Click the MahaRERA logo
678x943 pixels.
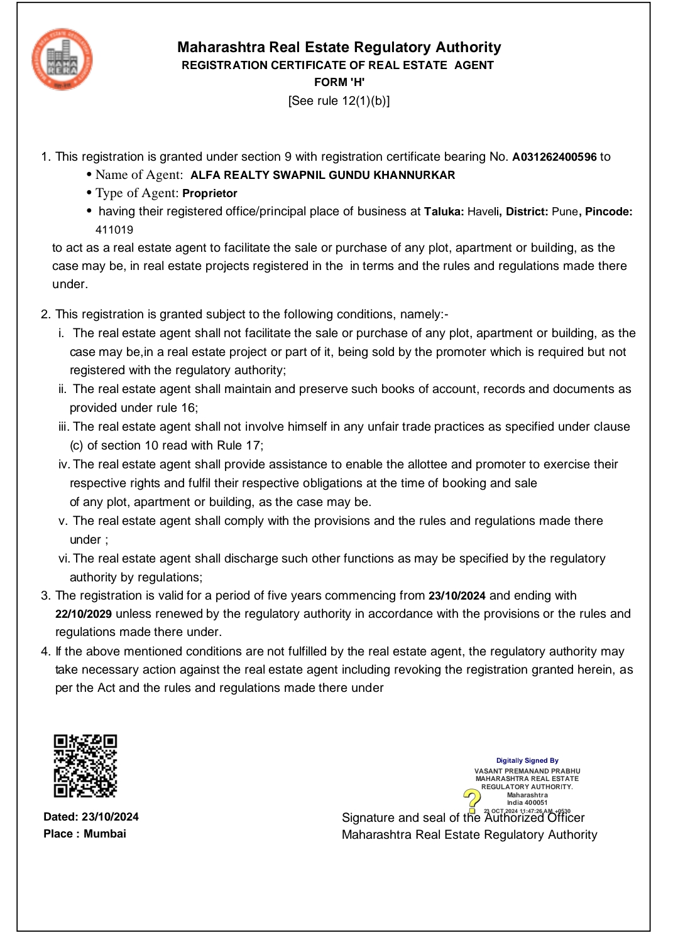62,60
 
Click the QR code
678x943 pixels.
85,765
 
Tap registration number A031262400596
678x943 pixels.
554,157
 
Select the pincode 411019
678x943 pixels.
114,230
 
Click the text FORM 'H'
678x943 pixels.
339,82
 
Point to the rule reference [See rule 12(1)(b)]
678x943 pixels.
339,100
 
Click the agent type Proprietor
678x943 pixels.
210,193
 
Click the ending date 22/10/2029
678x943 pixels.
84,614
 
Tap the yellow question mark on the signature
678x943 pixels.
472,799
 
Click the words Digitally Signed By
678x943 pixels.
527,760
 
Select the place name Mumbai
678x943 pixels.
105,834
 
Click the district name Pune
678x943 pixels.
564,212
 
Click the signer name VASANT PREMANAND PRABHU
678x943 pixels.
527,771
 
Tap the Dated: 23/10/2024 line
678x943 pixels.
91,817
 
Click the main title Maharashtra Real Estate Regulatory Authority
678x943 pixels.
339,47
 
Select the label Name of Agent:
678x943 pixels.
139,175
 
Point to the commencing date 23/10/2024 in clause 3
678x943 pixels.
457,596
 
